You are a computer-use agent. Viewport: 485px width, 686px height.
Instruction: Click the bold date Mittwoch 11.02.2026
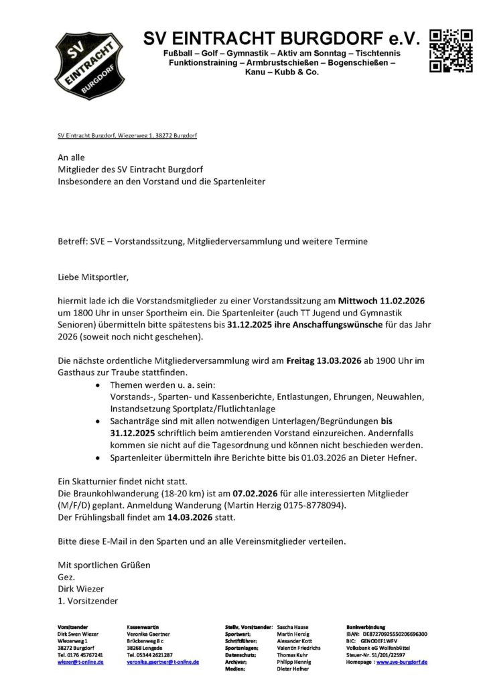pyautogui.click(x=382, y=301)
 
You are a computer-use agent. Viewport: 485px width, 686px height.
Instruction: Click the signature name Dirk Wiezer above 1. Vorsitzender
pyautogui.click(x=81, y=588)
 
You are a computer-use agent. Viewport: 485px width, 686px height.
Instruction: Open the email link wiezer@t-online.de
pyautogui.click(x=80, y=662)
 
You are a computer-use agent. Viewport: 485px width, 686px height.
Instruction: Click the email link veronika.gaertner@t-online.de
pyautogui.click(x=163, y=662)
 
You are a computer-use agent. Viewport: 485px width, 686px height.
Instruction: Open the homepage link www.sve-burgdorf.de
pyautogui.click(x=402, y=662)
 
